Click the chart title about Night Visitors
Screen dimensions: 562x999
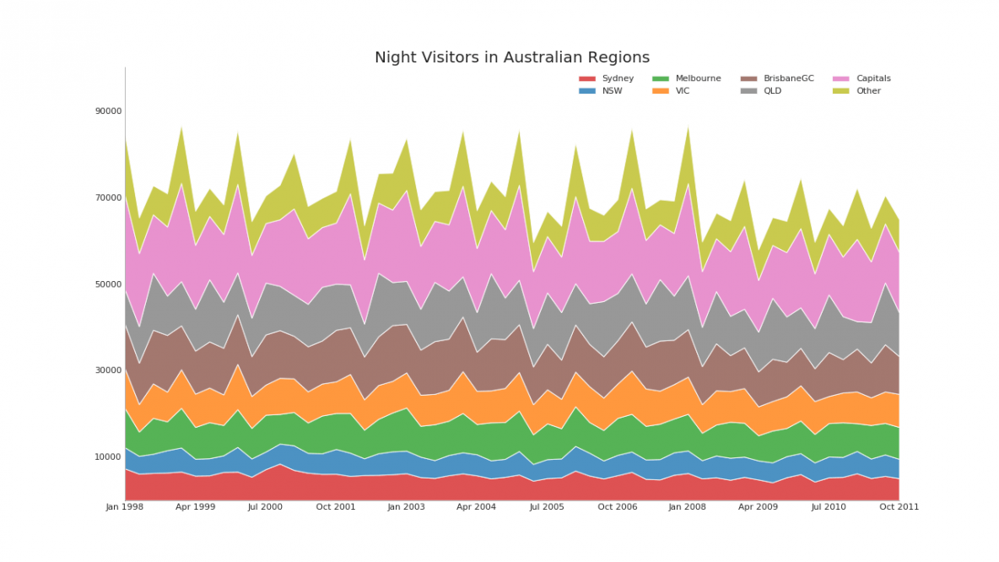512,57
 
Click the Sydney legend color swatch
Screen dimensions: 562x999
587,78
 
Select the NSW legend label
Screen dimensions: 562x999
613,91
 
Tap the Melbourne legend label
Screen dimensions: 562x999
699,78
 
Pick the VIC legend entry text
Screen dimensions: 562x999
683,91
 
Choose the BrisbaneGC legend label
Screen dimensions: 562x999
789,78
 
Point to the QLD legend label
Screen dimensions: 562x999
773,91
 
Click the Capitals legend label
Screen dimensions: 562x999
873,78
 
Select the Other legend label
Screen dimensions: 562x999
868,91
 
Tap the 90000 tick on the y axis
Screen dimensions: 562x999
108,111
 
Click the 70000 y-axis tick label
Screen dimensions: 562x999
108,197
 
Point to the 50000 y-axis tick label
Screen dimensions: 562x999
108,284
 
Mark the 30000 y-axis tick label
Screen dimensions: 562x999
108,370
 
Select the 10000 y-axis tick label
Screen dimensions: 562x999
108,457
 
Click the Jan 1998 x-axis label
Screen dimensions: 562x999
125,507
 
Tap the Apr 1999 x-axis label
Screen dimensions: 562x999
195,507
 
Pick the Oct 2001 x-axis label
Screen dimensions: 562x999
336,507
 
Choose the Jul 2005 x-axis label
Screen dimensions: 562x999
547,507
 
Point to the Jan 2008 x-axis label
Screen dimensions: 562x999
688,507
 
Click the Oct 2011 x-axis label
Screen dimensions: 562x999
899,507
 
